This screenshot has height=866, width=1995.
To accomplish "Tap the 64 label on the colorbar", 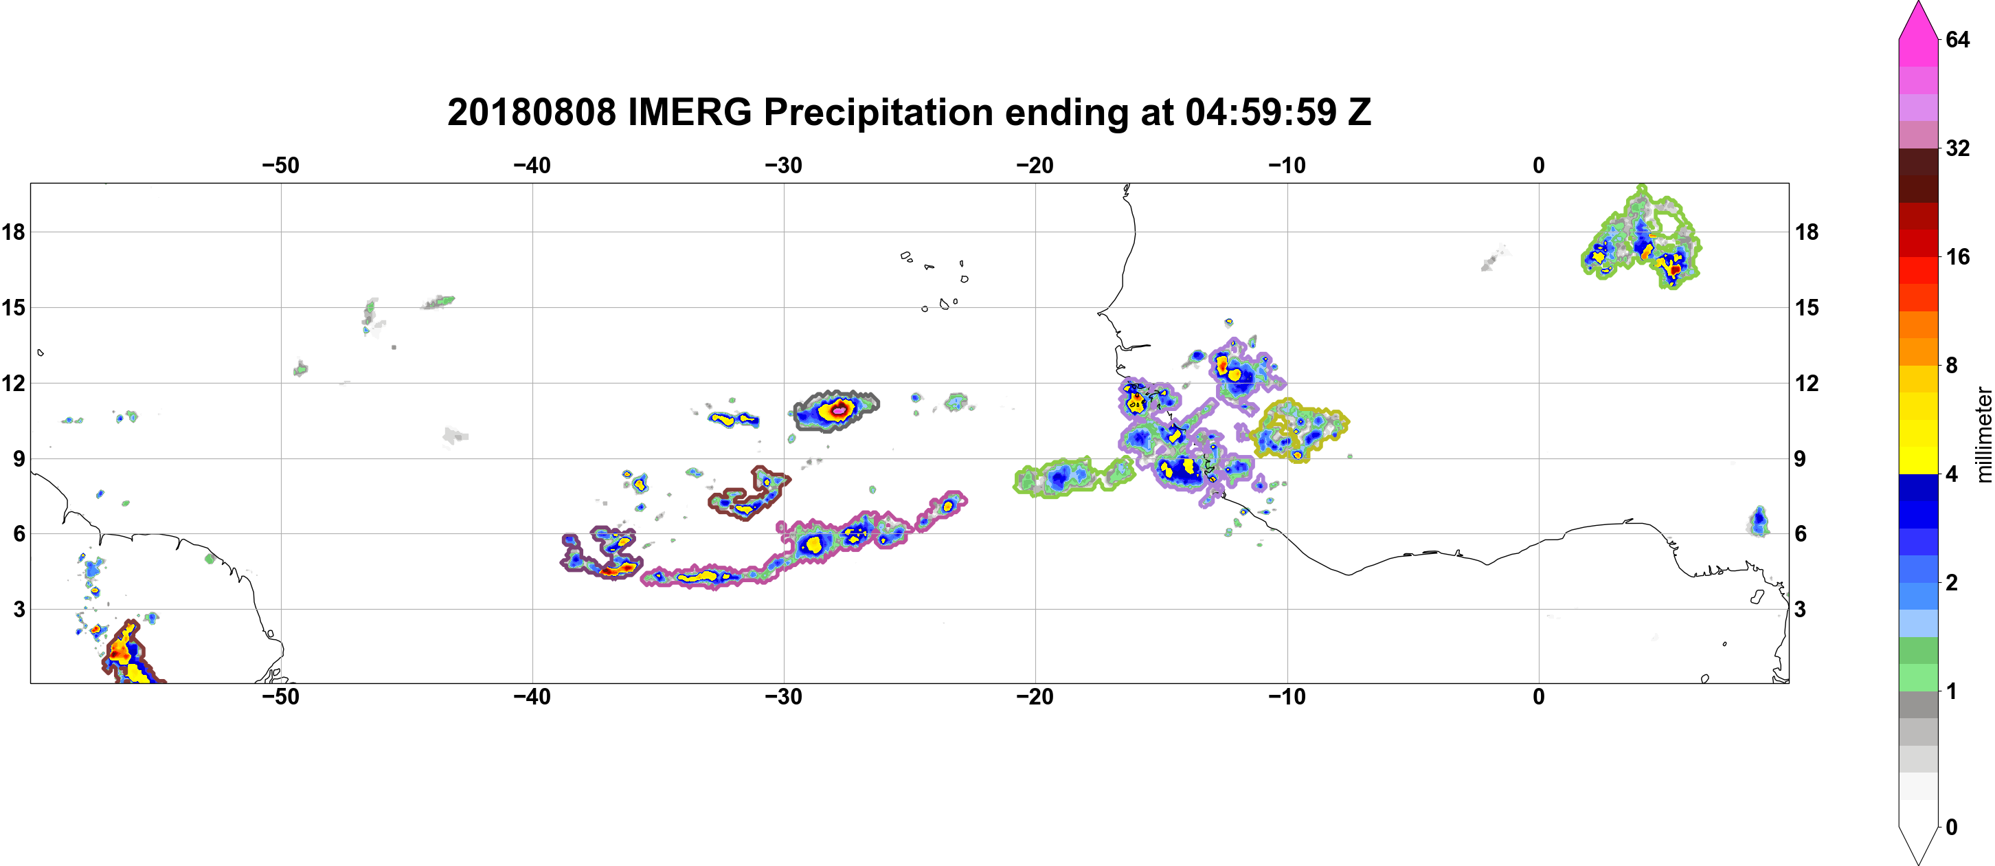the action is coord(1957,39).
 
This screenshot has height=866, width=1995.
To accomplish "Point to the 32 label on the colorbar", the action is coord(1957,148).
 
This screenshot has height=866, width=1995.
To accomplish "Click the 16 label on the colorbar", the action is coord(1957,256).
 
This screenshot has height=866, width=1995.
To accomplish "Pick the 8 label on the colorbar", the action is coord(1952,365).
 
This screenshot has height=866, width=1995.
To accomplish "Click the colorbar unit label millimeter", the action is coord(1983,434).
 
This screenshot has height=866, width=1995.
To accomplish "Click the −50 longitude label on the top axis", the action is coord(280,166).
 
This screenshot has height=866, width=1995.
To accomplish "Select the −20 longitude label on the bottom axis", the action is coord(1035,697).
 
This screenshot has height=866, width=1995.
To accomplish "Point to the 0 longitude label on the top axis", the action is coord(1539,166).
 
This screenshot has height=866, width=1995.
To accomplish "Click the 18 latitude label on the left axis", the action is coord(13,232).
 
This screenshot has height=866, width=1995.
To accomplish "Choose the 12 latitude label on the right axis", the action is coord(1807,383).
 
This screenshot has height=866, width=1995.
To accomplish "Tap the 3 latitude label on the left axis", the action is coord(19,610).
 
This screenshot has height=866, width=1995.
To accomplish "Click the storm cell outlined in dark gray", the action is coord(837,411).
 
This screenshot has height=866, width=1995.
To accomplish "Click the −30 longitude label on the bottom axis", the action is coord(784,697).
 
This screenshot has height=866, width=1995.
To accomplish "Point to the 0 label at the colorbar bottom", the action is coord(1952,828).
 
